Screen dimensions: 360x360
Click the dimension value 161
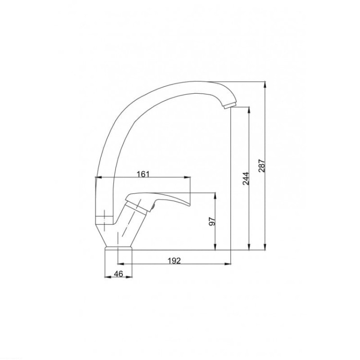point(143,174)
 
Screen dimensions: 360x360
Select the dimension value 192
point(174,261)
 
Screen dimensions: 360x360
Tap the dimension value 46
point(119,274)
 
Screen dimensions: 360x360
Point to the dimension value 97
point(212,221)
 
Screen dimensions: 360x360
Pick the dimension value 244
point(246,179)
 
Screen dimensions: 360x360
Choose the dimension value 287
point(262,166)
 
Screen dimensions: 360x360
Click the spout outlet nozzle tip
point(230,106)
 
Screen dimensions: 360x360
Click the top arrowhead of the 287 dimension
point(265,84)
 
